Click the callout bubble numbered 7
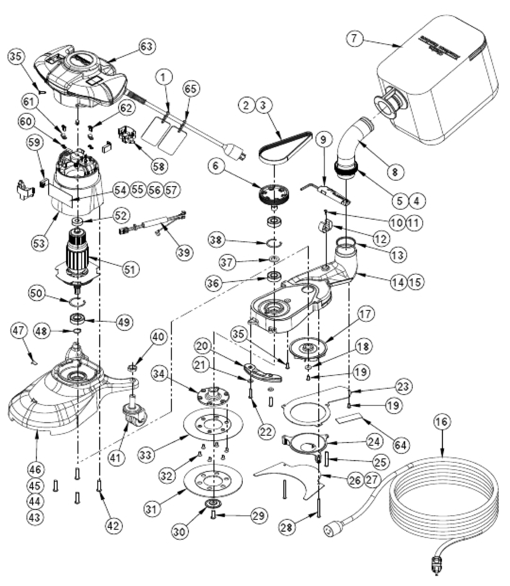355,38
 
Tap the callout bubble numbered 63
147,46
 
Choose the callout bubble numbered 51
131,269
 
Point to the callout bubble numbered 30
180,530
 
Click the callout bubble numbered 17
366,314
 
